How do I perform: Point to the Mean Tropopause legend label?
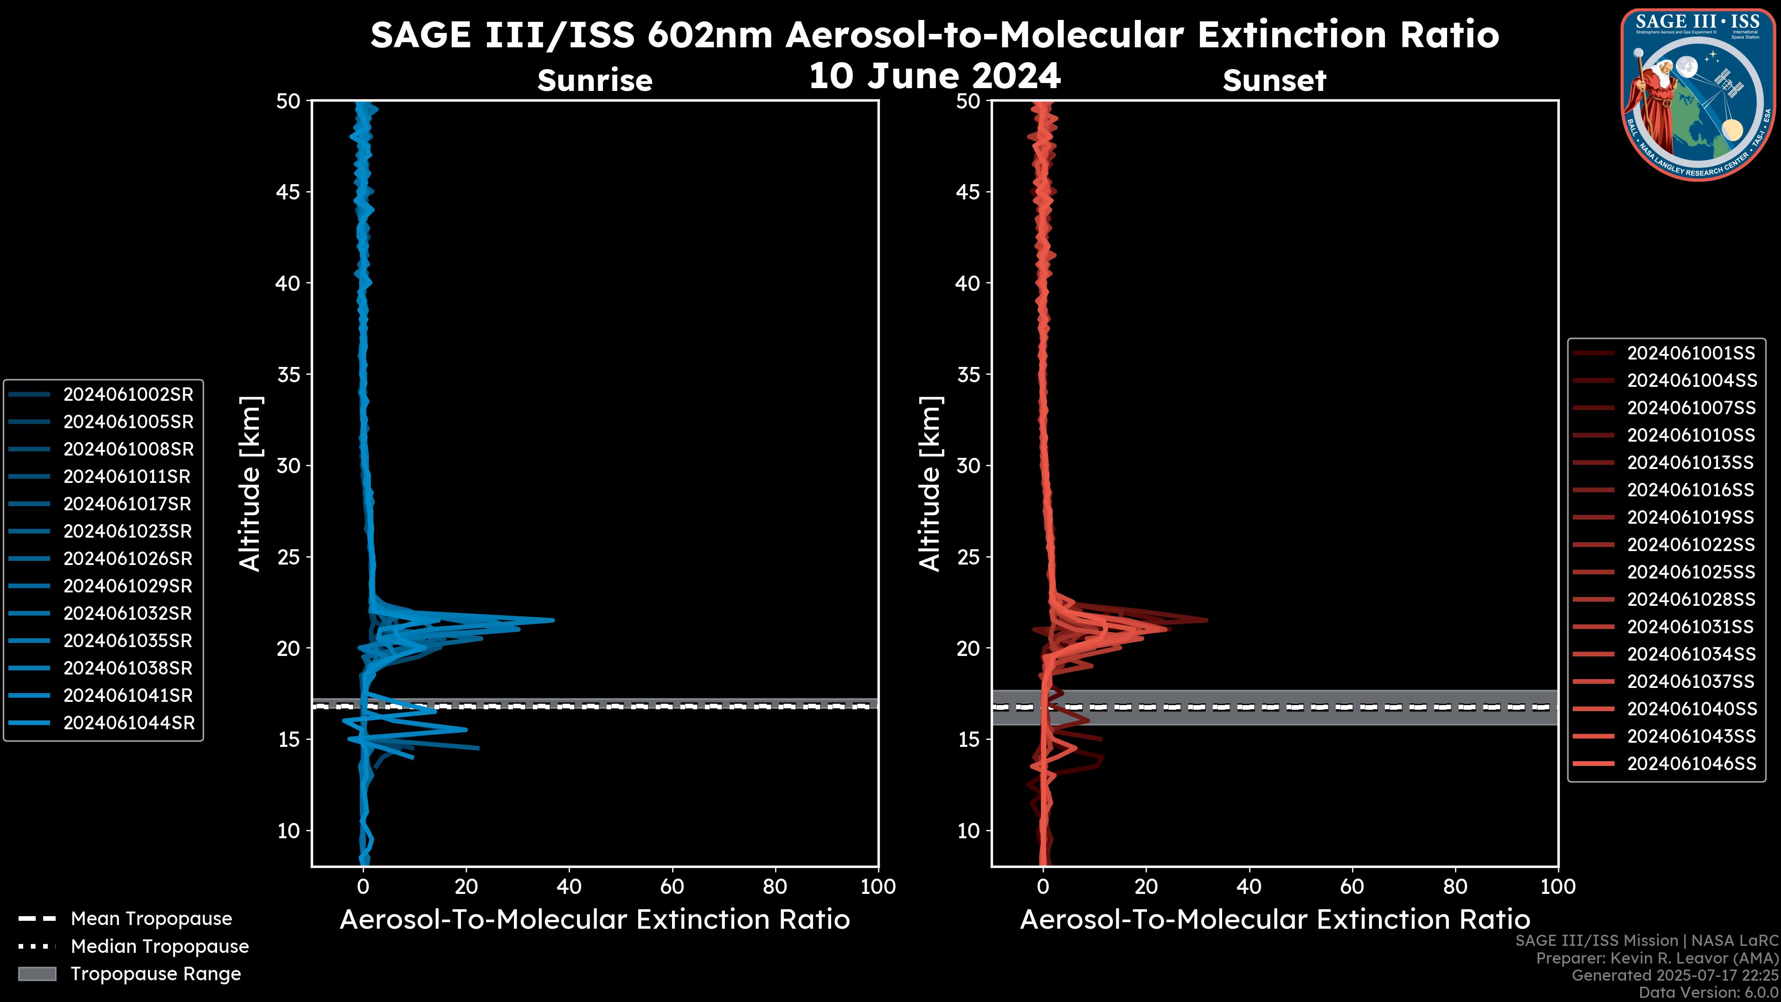[151, 919]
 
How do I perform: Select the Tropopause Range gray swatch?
[37, 974]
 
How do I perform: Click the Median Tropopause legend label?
[160, 947]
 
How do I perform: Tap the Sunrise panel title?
[595, 81]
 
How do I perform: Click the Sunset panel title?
[1274, 81]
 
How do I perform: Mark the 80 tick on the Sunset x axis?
[1455, 886]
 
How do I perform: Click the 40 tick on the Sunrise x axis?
[569, 886]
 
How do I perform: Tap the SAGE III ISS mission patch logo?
[1697, 94]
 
